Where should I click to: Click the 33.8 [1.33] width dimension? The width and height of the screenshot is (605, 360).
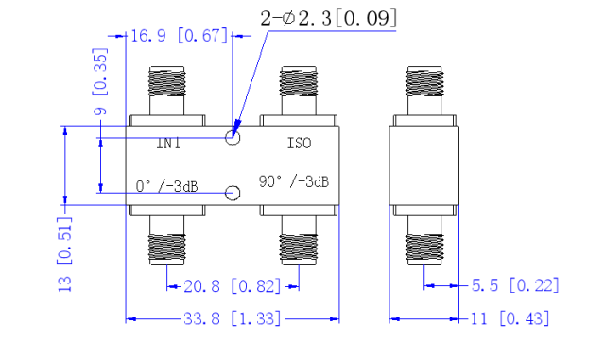[233, 319]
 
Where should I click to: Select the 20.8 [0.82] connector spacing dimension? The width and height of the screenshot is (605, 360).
[233, 286]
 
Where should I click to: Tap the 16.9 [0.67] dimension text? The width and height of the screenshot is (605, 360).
[180, 36]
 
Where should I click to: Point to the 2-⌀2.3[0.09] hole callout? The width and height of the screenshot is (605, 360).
[328, 18]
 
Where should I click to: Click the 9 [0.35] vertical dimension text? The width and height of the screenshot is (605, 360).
[100, 82]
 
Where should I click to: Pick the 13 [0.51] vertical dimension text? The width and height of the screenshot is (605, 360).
[64, 255]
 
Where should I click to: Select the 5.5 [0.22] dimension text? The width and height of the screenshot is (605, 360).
[515, 285]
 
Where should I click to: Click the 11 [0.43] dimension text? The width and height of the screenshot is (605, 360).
[510, 319]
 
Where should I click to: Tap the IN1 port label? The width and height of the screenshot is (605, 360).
[168, 144]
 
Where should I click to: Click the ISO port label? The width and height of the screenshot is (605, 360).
[299, 144]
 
